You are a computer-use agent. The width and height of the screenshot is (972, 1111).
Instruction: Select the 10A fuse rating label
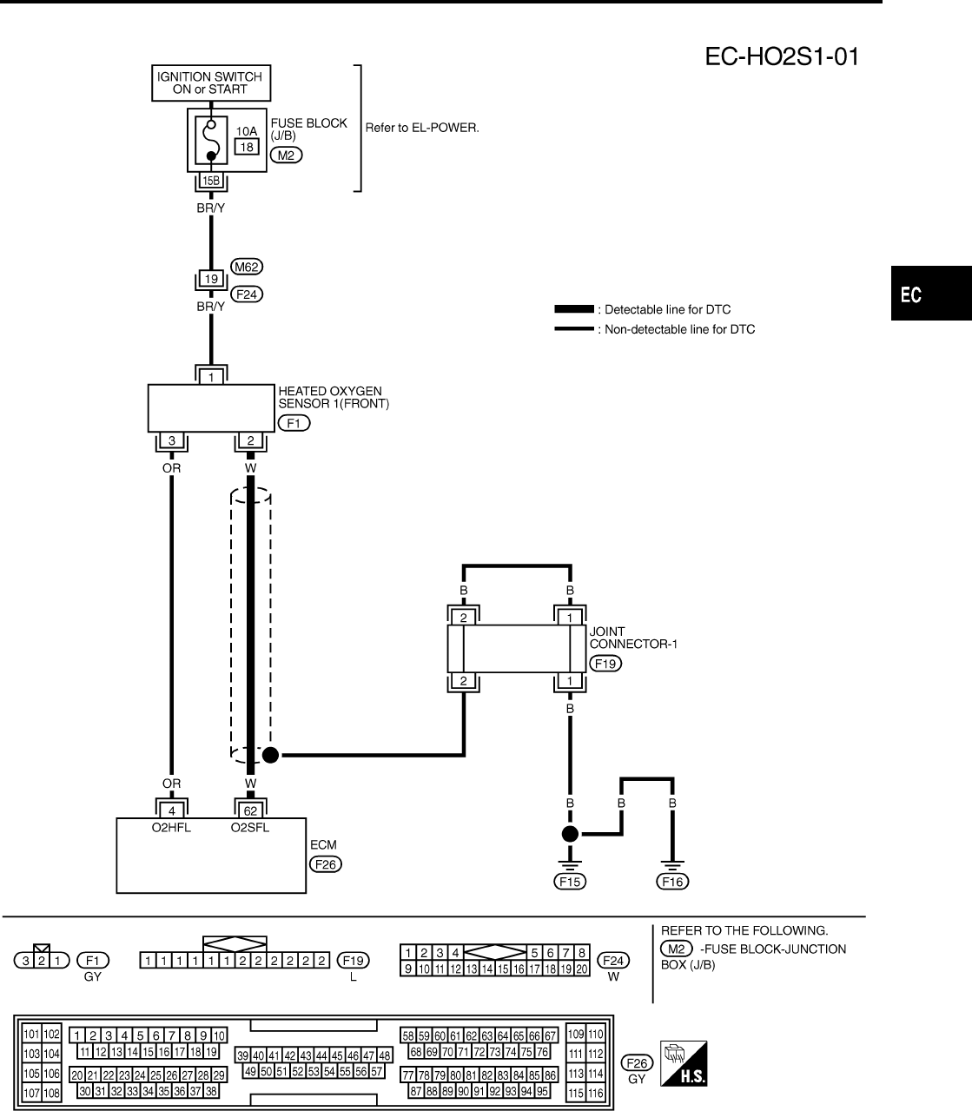pos(247,131)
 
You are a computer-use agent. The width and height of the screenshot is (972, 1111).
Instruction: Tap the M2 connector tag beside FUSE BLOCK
pos(286,155)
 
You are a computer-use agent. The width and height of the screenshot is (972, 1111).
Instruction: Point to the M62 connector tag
pos(247,267)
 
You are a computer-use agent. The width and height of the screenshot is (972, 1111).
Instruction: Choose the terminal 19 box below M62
pos(211,280)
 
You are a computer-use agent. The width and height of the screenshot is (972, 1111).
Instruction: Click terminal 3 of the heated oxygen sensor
pos(172,441)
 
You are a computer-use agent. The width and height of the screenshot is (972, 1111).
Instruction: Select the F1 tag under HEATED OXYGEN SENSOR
pos(293,423)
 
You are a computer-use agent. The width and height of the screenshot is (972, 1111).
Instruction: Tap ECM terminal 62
pos(250,810)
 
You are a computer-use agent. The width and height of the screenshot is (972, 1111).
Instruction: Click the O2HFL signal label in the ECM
pos(171,828)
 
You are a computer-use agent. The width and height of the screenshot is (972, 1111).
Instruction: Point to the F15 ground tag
pos(570,882)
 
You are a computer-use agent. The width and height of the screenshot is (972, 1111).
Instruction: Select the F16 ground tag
pos(673,882)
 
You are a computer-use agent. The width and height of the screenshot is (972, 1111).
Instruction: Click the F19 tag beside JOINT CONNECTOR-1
pos(605,663)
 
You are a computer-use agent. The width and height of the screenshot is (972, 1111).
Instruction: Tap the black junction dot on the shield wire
pos(270,755)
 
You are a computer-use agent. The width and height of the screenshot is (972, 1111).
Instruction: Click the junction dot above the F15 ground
pos(570,835)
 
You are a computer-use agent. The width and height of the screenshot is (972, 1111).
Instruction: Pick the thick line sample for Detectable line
pos(573,309)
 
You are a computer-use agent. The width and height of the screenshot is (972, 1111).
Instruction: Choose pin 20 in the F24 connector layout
pos(582,969)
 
